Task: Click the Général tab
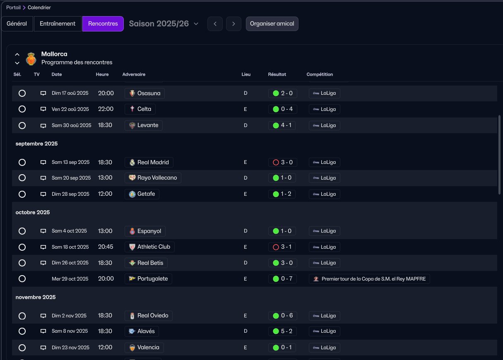click(17, 24)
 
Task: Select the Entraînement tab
click(58, 24)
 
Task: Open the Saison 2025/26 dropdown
click(164, 24)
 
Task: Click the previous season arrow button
click(215, 24)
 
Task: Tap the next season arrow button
click(233, 24)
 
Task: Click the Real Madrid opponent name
click(153, 162)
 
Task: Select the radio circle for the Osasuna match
click(22, 94)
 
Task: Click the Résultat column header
click(277, 74)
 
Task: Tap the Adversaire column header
click(134, 74)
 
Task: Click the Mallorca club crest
click(31, 58)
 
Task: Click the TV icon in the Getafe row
click(43, 194)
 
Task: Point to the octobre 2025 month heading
click(33, 212)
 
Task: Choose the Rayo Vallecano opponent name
click(157, 178)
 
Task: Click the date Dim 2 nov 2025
click(69, 316)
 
